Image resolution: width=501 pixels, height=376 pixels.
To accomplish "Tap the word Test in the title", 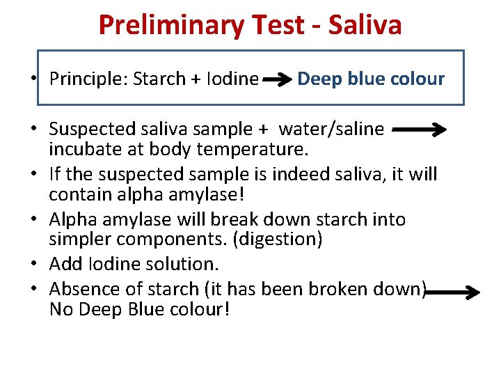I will coord(282,25).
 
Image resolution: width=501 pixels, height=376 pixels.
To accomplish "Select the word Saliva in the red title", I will coord(365,25).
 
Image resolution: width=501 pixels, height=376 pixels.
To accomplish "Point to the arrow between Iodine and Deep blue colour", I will coord(278,80).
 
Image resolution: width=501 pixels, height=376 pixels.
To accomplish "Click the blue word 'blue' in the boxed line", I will coord(369,79).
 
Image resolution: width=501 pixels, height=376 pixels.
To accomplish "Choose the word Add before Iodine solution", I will coord(64,265).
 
